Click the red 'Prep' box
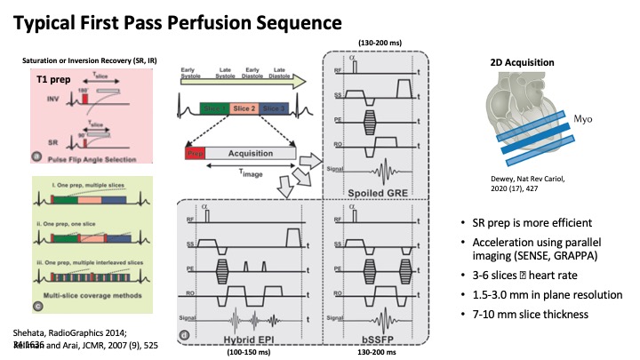195,153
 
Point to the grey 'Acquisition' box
252,153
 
